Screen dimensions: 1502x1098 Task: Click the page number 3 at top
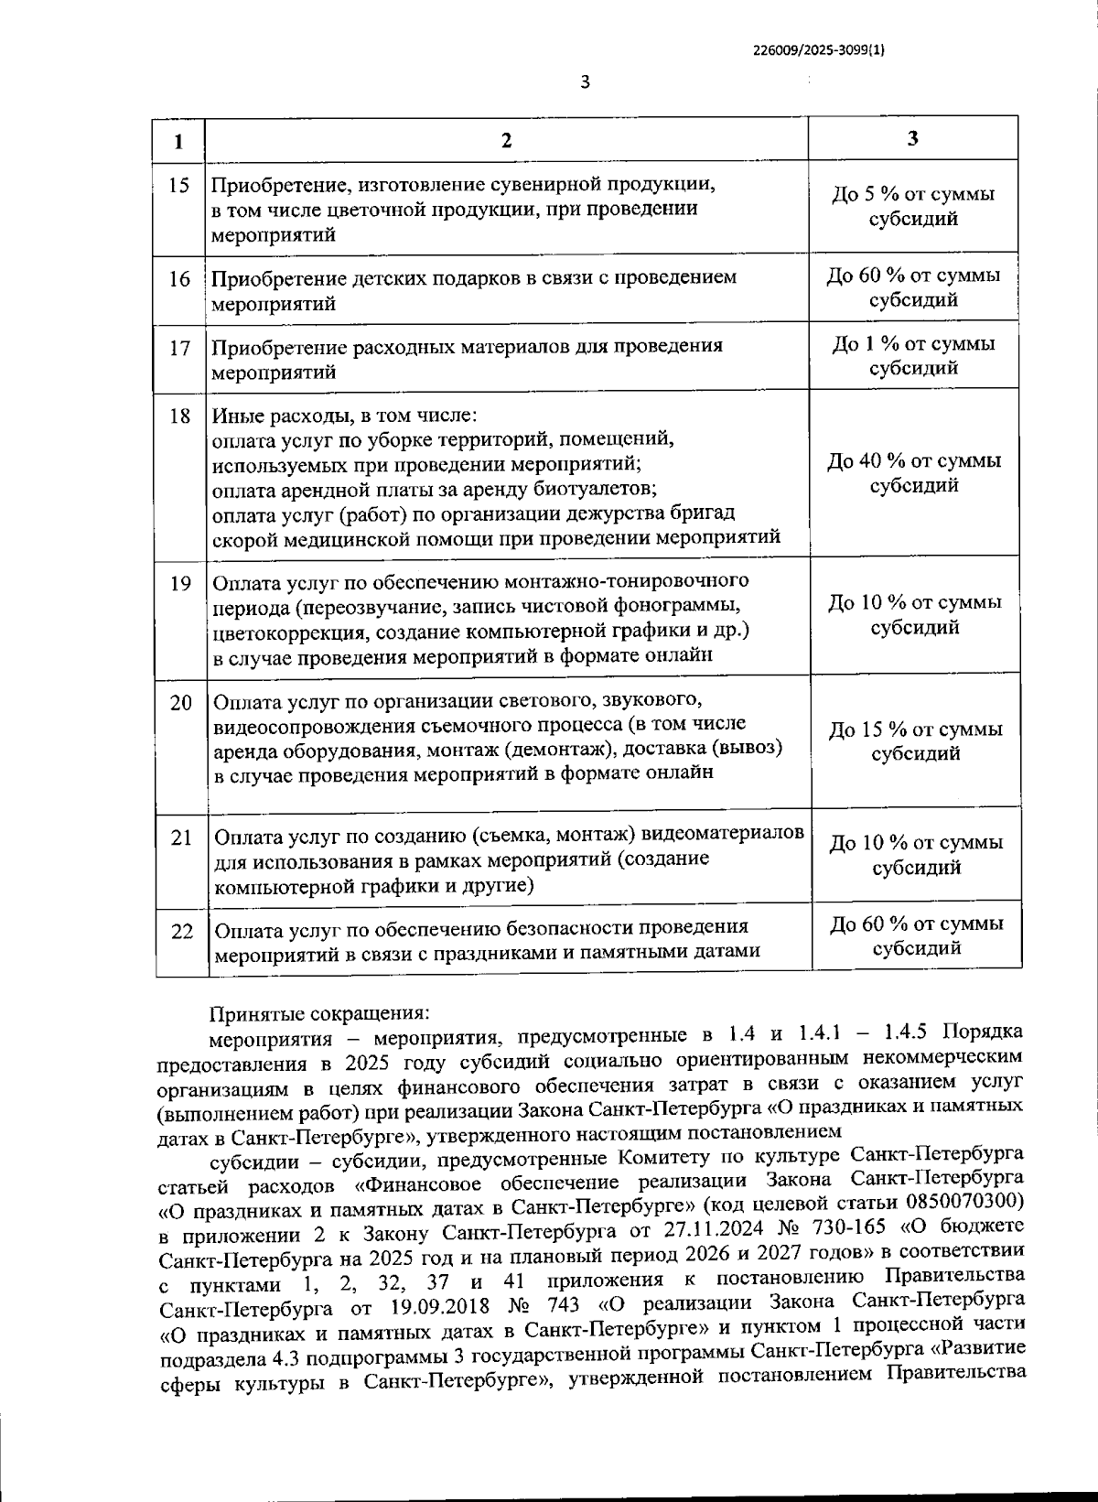(x=586, y=82)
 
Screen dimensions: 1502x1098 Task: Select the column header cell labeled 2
(x=506, y=140)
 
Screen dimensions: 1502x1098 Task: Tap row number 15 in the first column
(x=179, y=186)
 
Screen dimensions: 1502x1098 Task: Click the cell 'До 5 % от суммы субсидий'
(x=913, y=207)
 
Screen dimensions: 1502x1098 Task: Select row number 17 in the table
(x=180, y=348)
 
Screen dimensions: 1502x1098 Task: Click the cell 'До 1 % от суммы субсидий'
(x=913, y=356)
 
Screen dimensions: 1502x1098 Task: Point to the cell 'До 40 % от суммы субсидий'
(x=913, y=472)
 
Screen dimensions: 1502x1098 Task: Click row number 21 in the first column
(x=181, y=837)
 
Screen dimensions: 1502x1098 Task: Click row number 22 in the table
(x=182, y=931)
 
